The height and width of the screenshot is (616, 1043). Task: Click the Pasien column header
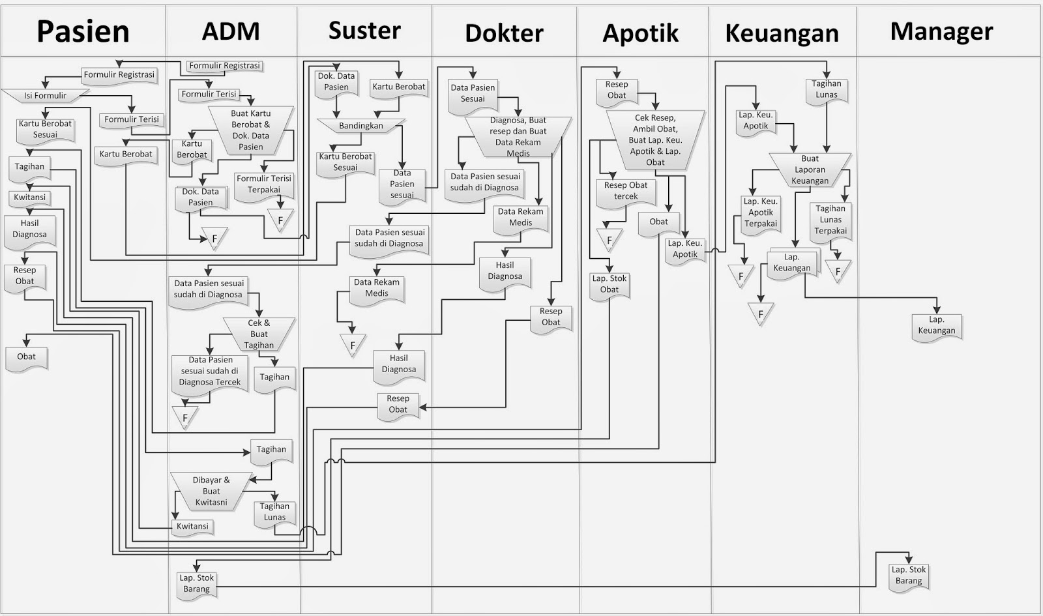tap(83, 31)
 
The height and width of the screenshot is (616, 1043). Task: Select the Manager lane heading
tap(941, 31)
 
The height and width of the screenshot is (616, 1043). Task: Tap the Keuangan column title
tap(782, 33)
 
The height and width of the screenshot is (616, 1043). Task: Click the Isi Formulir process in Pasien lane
tap(45, 96)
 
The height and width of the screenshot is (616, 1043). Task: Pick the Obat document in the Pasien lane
tap(27, 357)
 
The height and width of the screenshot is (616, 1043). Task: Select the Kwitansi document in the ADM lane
tap(193, 527)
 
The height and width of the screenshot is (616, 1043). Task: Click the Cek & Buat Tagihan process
tap(259, 334)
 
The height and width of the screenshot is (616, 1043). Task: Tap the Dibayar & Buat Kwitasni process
tap(211, 491)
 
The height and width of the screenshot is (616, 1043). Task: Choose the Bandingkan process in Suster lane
tap(361, 126)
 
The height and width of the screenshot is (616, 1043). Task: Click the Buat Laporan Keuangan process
tap(810, 169)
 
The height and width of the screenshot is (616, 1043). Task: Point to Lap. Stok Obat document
tap(609, 284)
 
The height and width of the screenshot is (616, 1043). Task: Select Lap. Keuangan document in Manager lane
tap(937, 325)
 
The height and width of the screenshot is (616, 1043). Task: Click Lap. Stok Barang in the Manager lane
tap(909, 576)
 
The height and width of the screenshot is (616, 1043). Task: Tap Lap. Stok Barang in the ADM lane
tap(197, 584)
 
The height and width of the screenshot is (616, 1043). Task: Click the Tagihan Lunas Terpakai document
tap(830, 220)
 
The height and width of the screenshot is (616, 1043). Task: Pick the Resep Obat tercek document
tap(625, 191)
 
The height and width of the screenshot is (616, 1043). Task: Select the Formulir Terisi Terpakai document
tap(264, 184)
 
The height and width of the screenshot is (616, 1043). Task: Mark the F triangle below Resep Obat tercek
tap(609, 239)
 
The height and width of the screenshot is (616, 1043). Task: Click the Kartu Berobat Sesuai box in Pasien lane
tap(45, 129)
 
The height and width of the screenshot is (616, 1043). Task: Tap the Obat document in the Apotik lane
tap(658, 222)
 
